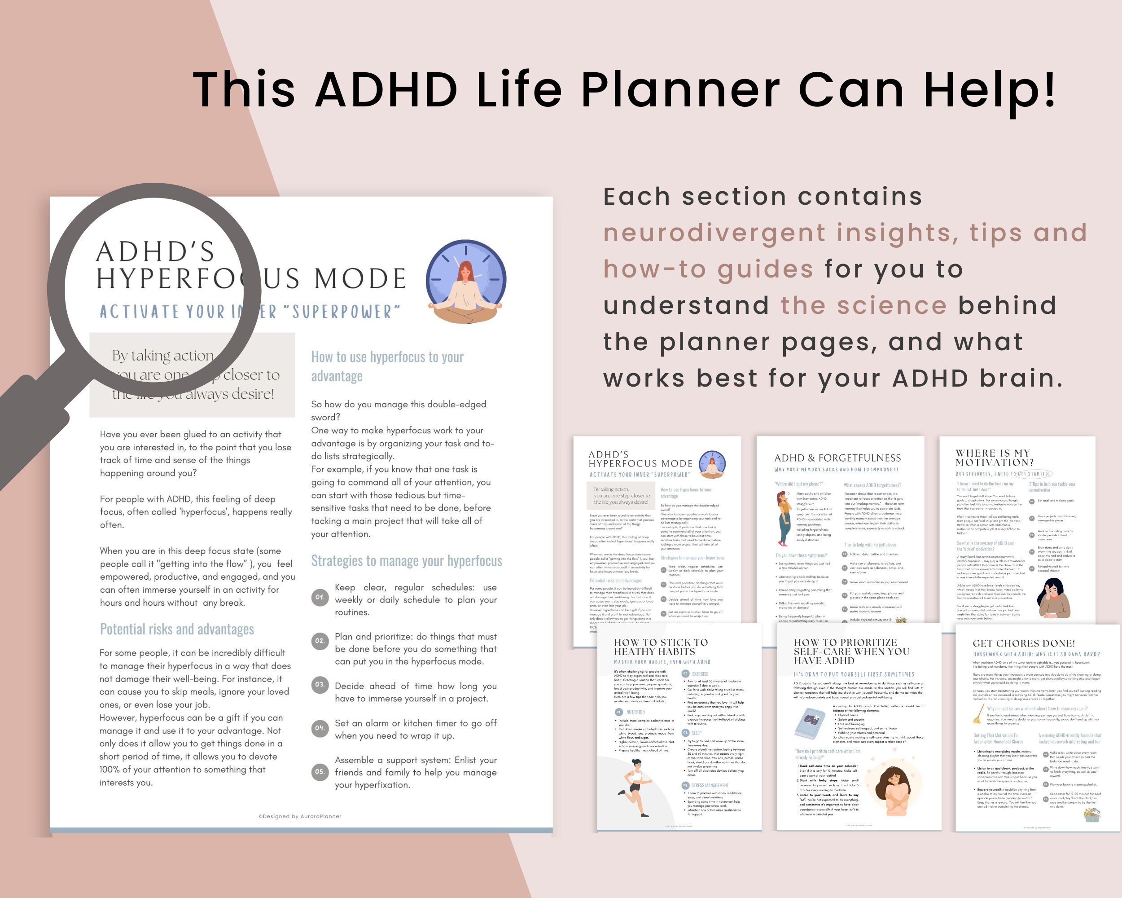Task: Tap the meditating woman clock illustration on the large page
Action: (x=466, y=281)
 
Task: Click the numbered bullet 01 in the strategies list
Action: (x=320, y=597)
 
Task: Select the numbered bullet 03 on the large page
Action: (x=320, y=685)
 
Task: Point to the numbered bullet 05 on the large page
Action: (x=320, y=771)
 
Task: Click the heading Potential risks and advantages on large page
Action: (x=177, y=629)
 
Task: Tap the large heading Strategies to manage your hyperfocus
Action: (x=407, y=561)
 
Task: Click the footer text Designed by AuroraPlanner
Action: (x=300, y=816)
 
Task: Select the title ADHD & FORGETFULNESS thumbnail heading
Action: (x=837, y=458)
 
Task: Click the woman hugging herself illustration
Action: (x=893, y=791)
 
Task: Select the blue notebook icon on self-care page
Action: (x=810, y=724)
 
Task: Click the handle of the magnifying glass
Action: (x=31, y=427)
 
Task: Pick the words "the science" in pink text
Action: (x=863, y=306)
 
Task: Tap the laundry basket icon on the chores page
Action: (x=1092, y=814)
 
